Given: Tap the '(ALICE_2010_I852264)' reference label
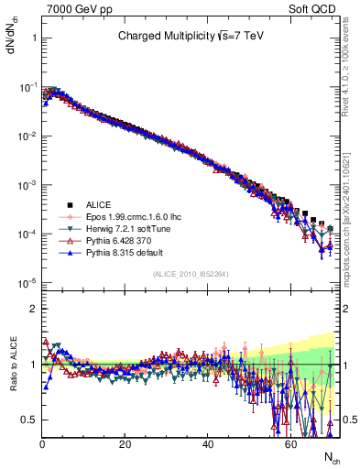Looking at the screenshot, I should (x=190, y=273).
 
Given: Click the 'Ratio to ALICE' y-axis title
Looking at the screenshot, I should (x=12, y=364).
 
